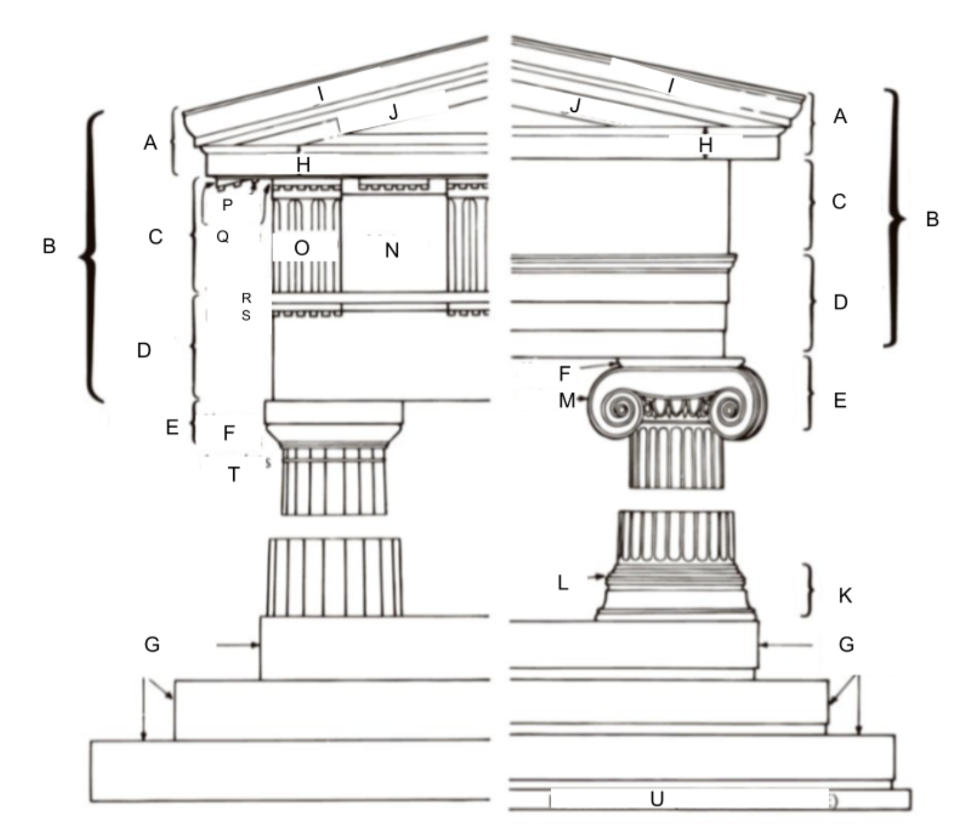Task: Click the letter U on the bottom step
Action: [657, 799]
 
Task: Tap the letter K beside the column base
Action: [845, 596]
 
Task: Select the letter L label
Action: [562, 583]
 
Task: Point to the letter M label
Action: [566, 400]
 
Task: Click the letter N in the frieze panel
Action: [392, 250]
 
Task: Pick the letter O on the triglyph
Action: [302, 248]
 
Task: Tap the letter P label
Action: [227, 205]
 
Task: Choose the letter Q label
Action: [223, 236]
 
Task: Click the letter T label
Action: [234, 474]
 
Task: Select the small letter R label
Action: [246, 298]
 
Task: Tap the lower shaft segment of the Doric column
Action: [334, 577]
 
